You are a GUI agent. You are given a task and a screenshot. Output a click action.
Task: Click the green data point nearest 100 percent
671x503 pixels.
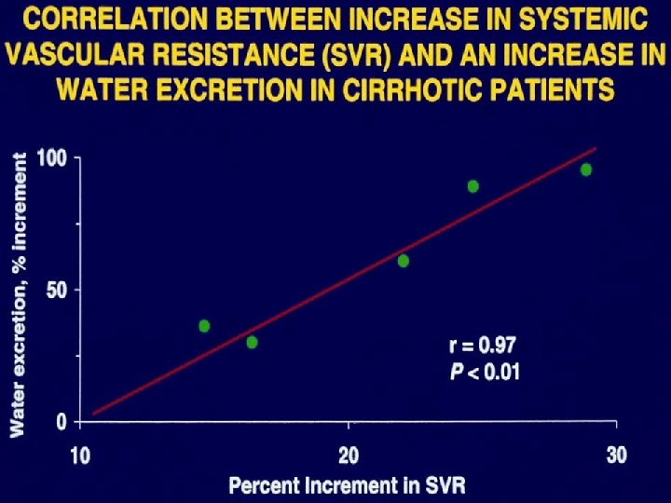(586, 170)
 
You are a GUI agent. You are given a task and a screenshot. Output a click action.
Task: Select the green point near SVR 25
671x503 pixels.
(473, 186)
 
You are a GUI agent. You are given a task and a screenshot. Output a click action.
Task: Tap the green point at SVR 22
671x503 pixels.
(404, 261)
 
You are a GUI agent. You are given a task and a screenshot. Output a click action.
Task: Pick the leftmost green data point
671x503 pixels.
(204, 326)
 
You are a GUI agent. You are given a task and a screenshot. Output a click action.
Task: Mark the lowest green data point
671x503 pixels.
(252, 342)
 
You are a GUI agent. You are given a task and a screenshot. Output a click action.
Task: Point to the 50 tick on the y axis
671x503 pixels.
(57, 290)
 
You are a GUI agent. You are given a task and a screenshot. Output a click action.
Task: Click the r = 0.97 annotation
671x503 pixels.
(482, 347)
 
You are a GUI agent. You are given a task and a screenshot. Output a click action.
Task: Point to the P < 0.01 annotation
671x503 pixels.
(485, 372)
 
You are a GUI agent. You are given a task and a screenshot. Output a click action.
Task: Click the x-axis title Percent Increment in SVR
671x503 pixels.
(347, 485)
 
